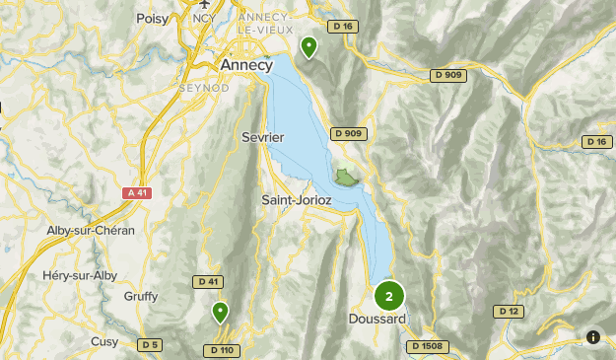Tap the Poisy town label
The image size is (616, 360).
coord(153,17)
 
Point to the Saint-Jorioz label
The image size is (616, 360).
coord(296,199)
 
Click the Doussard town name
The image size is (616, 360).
coord(376,319)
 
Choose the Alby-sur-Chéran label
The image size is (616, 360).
coord(91,230)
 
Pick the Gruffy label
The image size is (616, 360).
coord(141,296)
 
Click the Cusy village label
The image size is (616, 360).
coord(104,341)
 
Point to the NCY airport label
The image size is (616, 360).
coord(203,18)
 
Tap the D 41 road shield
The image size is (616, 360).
coord(208,281)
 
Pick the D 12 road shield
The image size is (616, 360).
coord(509,312)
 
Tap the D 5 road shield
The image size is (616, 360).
coord(149,344)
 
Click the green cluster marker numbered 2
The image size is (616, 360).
coord(389,296)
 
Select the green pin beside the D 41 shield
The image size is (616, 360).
coord(221,313)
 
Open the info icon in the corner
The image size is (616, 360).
coord(593,337)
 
